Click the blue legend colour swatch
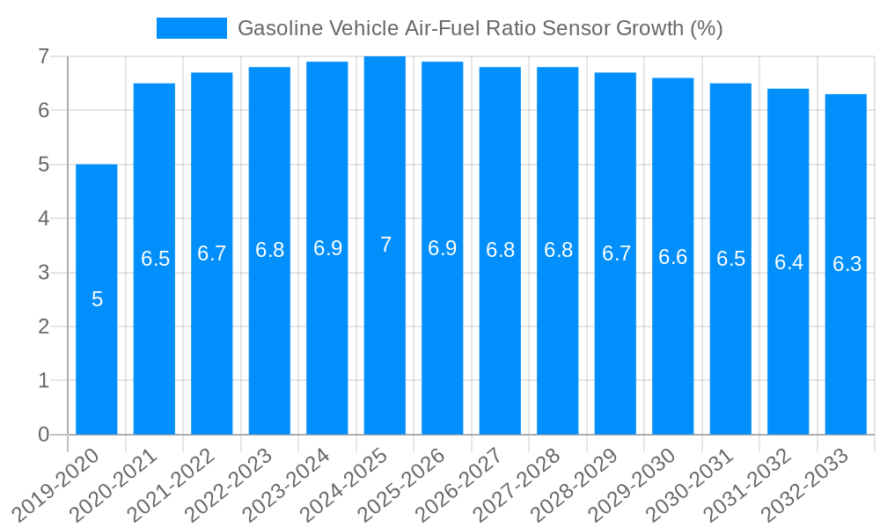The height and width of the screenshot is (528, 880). tap(191, 28)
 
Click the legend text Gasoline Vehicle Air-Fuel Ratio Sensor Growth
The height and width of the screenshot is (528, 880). tap(480, 28)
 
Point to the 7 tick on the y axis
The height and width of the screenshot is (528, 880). tap(43, 56)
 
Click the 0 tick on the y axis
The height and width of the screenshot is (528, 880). tap(43, 435)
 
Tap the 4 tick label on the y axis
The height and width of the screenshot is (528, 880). tap(43, 218)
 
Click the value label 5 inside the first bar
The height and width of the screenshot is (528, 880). tap(97, 299)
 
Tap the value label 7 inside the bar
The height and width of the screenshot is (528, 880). tap(385, 245)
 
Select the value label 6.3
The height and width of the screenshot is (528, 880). tap(847, 264)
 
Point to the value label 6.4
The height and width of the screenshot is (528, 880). tap(788, 262)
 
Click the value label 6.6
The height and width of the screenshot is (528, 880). tap(673, 257)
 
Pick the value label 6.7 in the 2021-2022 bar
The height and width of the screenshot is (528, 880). tap(212, 253)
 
